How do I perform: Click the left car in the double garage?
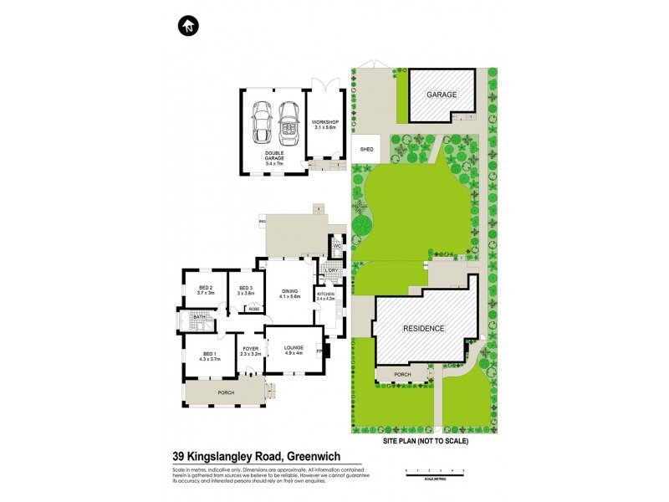click(263, 122)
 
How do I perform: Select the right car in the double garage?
click(289, 122)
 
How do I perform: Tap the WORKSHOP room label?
click(323, 125)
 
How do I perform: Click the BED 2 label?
click(206, 289)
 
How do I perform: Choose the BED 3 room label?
click(245, 289)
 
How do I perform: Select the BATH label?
click(199, 317)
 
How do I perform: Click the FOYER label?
click(251, 351)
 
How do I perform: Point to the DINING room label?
click(289, 293)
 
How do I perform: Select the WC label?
click(335, 246)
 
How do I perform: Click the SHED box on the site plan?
click(365, 150)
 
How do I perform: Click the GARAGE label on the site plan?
click(442, 95)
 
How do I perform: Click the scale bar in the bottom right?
click(434, 473)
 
